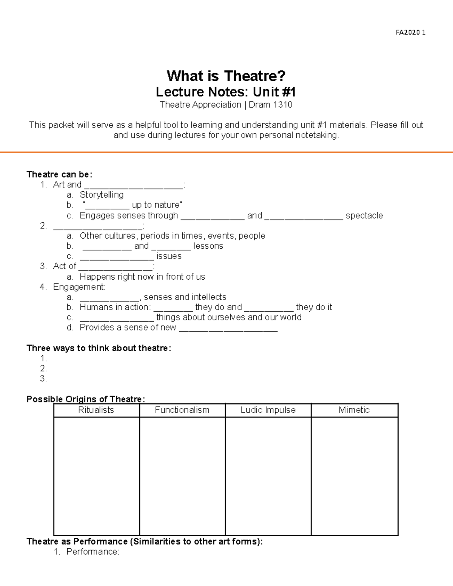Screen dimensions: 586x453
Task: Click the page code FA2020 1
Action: pos(410,32)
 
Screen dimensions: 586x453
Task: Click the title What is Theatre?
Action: pos(226,76)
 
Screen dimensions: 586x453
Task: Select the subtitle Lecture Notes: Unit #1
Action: pos(226,92)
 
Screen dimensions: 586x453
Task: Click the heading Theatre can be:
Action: pos(59,174)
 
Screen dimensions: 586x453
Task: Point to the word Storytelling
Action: pos(102,195)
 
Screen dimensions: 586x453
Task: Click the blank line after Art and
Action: pos(134,185)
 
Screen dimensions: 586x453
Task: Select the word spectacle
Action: pos(364,215)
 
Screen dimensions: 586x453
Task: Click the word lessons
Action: pos(208,246)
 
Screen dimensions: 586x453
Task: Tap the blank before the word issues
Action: pos(117,257)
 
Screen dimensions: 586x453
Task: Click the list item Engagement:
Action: pos(79,287)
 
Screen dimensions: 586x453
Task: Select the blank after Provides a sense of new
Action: pos(228,328)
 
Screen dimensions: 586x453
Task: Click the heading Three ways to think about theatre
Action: pos(99,348)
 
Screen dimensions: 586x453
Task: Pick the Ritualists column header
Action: pos(96,410)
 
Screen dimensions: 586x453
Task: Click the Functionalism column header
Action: pos(182,410)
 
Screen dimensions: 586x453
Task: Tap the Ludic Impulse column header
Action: pos(268,410)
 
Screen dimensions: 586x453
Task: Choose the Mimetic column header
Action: pos(354,410)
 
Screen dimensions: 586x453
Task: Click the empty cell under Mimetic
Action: pos(354,475)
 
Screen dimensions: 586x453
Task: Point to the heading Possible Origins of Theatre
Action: pos(85,399)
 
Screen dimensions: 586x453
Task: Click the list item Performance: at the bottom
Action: pos(92,552)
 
